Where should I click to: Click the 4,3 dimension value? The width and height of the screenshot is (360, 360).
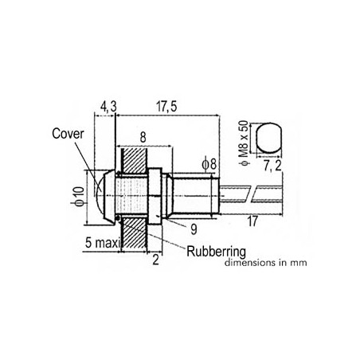(108, 107)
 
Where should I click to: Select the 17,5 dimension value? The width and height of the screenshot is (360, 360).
(166, 107)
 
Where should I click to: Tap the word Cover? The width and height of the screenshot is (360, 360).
(68, 134)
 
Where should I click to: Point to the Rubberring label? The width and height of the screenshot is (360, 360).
(217, 252)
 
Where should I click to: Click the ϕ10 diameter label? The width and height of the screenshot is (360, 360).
(79, 197)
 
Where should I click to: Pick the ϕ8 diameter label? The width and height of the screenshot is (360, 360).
(209, 165)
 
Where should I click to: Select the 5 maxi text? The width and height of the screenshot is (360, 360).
(103, 243)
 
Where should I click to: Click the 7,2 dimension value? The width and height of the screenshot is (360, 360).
(272, 166)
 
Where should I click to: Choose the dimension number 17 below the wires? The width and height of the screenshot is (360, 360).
(252, 221)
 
